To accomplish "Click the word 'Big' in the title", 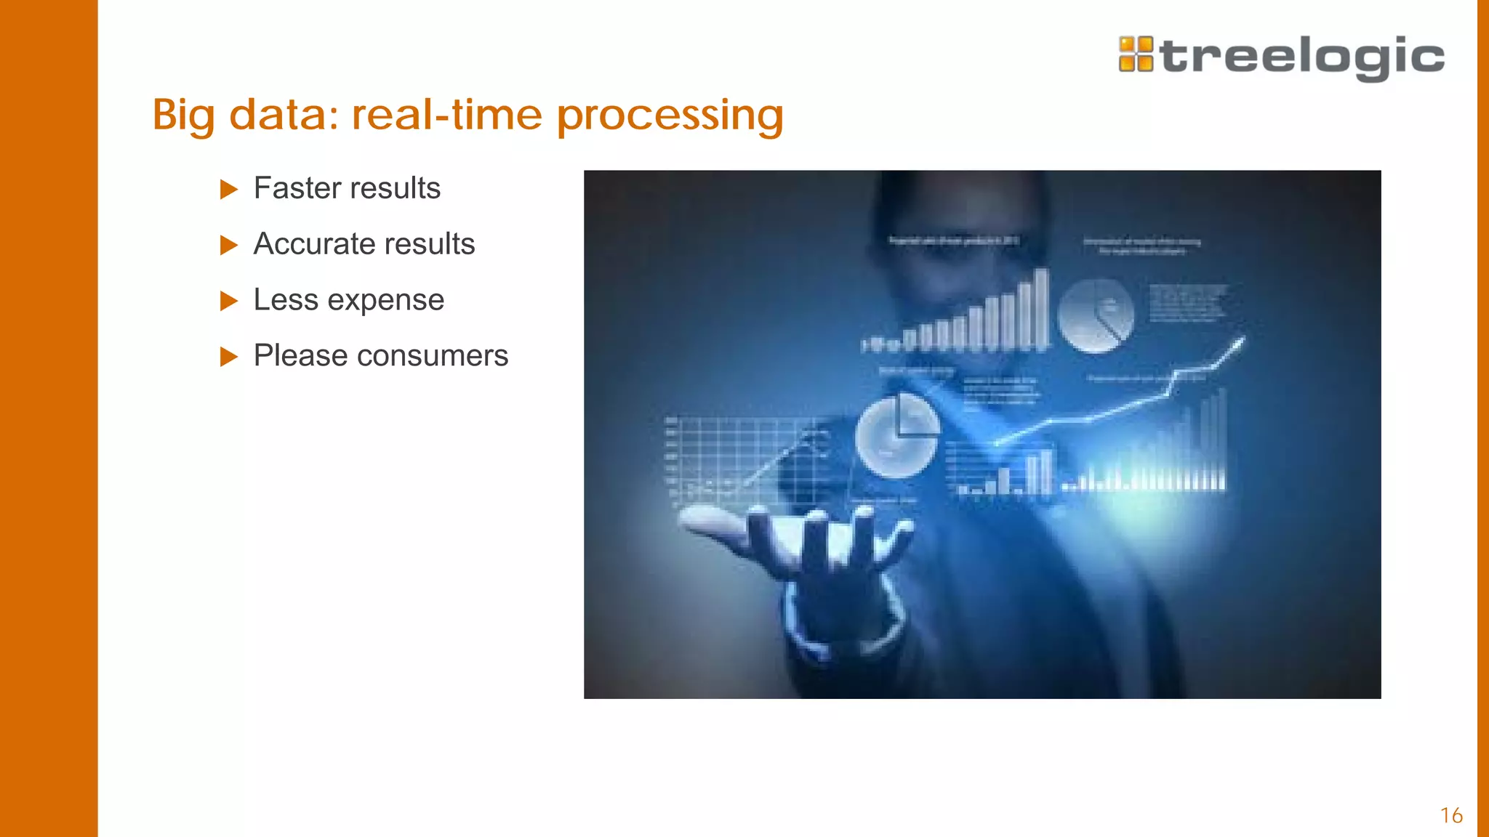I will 183,116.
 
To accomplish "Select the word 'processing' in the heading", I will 670,116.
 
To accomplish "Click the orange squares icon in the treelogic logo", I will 1136,54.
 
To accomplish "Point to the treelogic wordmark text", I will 1302,57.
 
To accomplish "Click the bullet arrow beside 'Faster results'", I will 229,190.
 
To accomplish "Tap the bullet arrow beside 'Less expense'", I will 229,301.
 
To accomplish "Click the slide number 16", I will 1451,815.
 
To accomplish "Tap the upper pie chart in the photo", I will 1095,315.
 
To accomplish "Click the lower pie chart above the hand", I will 896,436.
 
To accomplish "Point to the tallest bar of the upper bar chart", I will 1041,309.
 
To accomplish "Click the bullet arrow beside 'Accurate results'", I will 229,246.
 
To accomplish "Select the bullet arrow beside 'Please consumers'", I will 229,357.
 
